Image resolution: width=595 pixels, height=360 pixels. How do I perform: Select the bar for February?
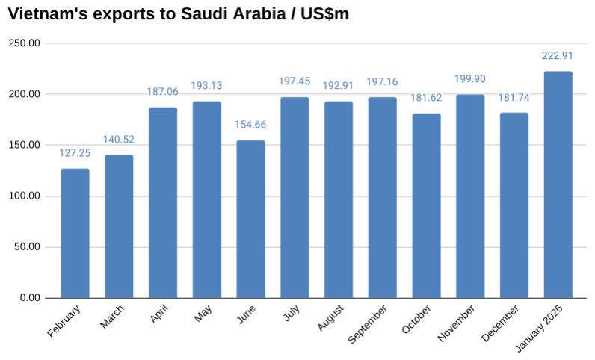coord(75,233)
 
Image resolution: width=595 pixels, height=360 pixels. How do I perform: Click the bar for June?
coord(250,219)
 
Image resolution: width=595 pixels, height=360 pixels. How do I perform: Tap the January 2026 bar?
coord(558,184)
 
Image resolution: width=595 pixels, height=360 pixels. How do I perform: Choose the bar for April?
coord(163,202)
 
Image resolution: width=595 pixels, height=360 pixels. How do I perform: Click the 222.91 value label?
coord(558,55)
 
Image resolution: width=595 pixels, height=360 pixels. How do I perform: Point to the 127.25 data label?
coord(75,153)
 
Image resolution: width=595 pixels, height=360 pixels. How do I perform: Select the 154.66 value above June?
coord(250,125)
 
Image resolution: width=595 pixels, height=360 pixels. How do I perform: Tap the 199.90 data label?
coord(470,79)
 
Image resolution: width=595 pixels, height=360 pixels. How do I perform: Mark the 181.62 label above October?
coord(426,98)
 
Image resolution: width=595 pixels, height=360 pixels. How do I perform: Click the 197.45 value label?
coord(295,81)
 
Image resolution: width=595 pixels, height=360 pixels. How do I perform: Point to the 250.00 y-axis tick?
coord(25,43)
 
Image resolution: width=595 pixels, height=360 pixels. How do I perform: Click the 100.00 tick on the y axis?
coord(25,196)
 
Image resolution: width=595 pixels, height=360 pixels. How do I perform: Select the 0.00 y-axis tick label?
coord(31,298)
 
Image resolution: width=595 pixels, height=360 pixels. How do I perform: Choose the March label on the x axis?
coord(113,316)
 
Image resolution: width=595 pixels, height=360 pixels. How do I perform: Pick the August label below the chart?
coord(329,319)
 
